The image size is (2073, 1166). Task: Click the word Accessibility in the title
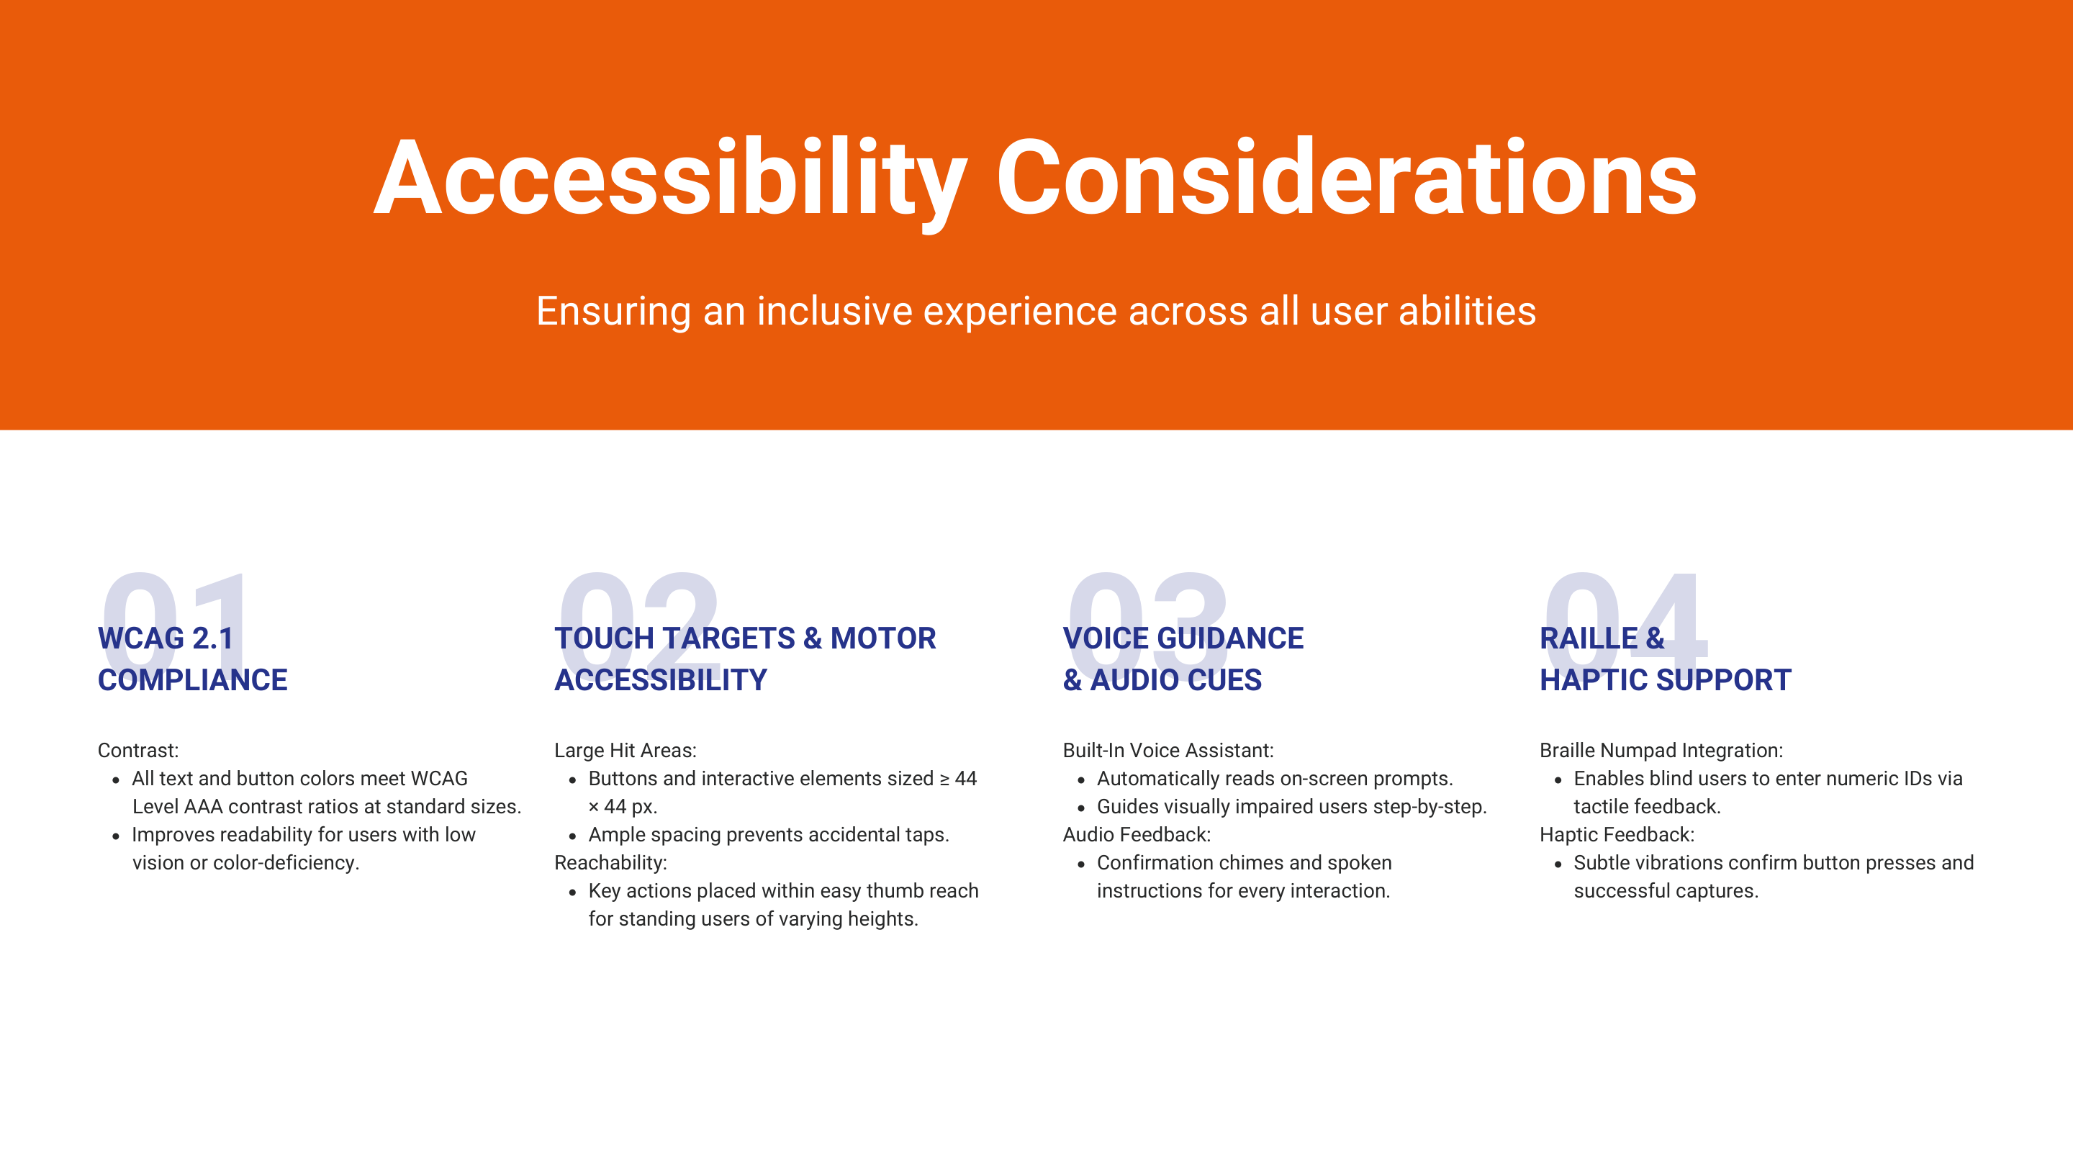coord(669,178)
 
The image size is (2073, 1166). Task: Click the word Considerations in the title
coord(1345,178)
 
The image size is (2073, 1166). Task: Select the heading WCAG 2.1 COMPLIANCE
coord(192,659)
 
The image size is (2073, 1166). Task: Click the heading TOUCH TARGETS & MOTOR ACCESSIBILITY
coord(744,659)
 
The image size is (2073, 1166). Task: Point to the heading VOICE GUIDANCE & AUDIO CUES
coord(1182,659)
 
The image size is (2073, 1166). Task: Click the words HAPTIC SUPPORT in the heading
coord(1665,680)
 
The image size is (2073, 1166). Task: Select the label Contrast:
coord(137,751)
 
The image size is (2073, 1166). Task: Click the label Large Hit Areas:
coord(625,751)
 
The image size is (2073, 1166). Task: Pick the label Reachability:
coord(610,863)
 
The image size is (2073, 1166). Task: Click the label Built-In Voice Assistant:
coord(1168,751)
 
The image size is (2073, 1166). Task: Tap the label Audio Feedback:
coord(1137,834)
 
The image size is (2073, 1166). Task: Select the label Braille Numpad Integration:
coord(1661,751)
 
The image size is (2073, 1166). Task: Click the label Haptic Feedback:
coord(1617,834)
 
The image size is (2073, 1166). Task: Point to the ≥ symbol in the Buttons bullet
coord(945,779)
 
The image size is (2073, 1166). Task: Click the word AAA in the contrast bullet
coord(203,807)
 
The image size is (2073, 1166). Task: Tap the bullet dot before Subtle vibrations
coord(1558,864)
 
